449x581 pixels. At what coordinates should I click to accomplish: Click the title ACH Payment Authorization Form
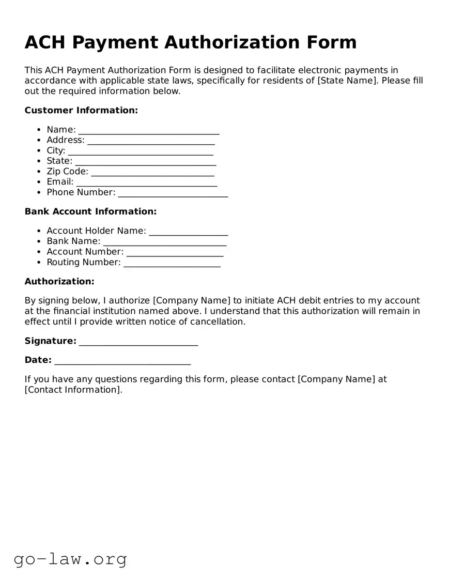tap(191, 42)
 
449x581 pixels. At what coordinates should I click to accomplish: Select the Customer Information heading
tap(81, 110)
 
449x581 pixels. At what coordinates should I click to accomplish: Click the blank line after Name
tap(149, 130)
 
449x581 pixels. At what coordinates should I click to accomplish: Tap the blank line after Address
tap(151, 141)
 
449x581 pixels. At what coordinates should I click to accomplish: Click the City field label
tap(56, 151)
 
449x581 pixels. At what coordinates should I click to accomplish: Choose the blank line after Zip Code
tap(152, 172)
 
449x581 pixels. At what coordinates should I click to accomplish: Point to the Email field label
tap(60, 182)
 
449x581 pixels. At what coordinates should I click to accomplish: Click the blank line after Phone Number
tap(173, 193)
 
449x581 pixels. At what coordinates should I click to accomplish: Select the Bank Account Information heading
tap(90, 211)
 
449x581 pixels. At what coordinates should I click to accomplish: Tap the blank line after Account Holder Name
tap(188, 232)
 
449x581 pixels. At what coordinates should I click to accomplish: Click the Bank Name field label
tap(73, 241)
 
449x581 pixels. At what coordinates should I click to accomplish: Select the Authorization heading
tap(59, 281)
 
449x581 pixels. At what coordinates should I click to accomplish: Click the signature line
tap(138, 342)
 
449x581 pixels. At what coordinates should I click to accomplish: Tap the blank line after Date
tap(122, 361)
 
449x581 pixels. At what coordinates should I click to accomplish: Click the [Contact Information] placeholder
tap(73, 390)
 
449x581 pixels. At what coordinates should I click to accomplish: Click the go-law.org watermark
tap(70, 559)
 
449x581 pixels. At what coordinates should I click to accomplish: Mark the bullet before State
tap(39, 161)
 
